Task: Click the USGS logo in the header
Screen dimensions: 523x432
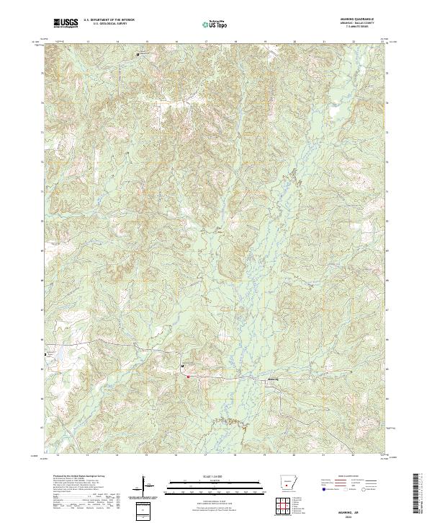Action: (66, 22)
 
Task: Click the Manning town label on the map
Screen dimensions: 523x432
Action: (272, 379)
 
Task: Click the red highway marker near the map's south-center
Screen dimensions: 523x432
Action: (189, 376)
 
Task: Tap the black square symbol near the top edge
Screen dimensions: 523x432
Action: (138, 54)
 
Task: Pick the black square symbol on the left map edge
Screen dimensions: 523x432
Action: (48, 355)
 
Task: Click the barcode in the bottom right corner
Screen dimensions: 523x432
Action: (423, 494)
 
